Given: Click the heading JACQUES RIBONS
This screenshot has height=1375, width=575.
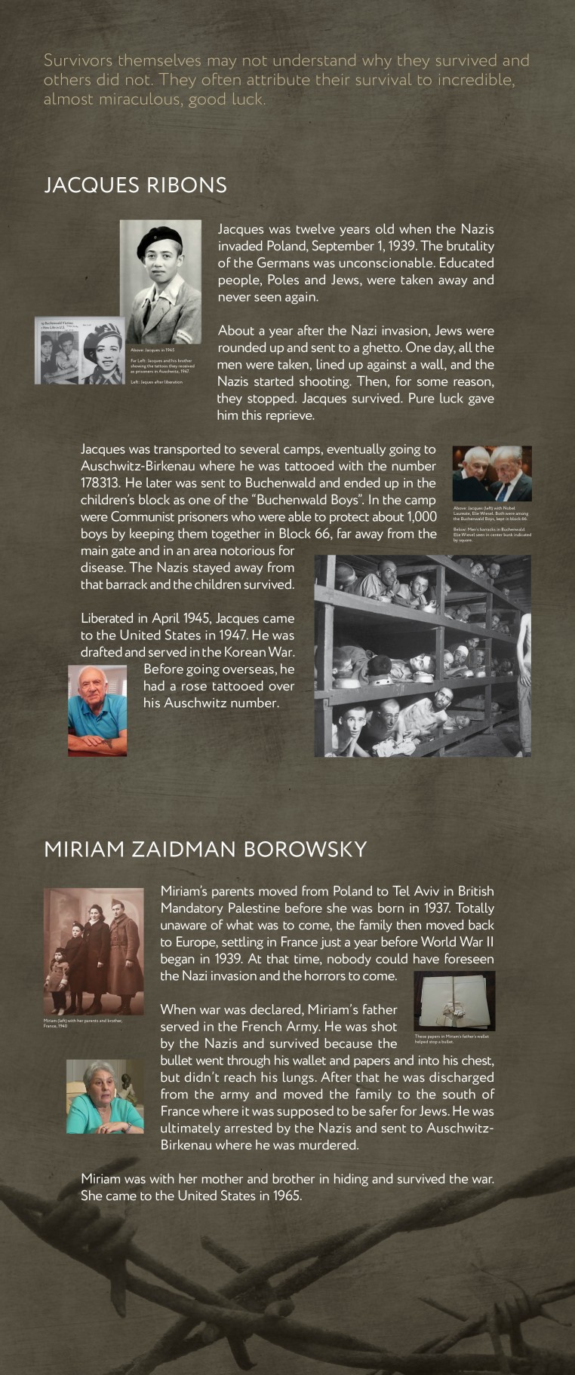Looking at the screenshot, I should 135,185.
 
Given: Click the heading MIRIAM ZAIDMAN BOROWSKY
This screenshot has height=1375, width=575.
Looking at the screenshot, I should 205,849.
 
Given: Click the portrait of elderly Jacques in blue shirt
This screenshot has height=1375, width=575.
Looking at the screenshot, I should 97,710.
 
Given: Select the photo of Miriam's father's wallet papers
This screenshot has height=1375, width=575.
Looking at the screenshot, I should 454,1001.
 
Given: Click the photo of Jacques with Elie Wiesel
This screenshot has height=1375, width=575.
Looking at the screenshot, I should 492,473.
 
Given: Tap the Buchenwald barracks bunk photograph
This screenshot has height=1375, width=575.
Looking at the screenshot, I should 422,656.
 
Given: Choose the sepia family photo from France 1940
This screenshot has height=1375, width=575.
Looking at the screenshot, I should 94,951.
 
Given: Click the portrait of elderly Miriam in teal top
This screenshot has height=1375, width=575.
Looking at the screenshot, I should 104,1096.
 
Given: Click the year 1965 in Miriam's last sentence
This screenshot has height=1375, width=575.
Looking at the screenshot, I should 285,1196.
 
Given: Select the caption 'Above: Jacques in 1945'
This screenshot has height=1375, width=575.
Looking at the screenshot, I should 152,350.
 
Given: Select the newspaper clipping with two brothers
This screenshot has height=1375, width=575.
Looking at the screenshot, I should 59,351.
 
